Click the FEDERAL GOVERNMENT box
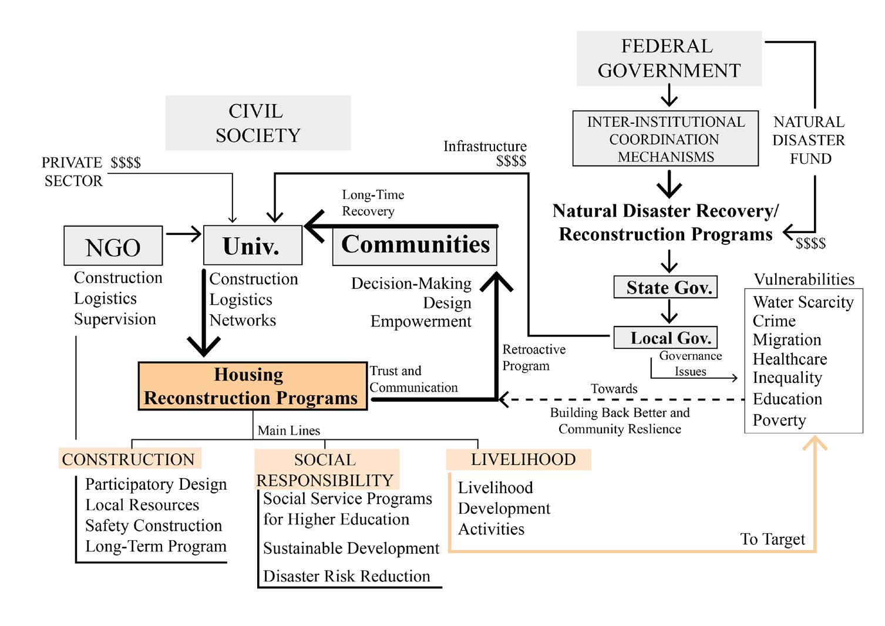coord(669,58)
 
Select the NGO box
coord(113,246)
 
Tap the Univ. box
coord(252,245)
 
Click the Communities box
coord(415,244)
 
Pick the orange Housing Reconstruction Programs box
coord(252,386)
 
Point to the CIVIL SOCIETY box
coord(257,123)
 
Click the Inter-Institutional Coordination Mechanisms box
coord(665,139)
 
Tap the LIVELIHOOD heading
coord(523,459)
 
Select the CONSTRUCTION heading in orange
coord(129,459)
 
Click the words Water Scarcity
coord(803,302)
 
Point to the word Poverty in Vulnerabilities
coord(779,420)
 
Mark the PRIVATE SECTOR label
coord(73,171)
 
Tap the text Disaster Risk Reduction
coord(346,576)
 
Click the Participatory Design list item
coord(156,484)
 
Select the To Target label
coord(772,539)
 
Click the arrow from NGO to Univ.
coord(183,234)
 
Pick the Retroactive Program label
coord(533,358)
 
